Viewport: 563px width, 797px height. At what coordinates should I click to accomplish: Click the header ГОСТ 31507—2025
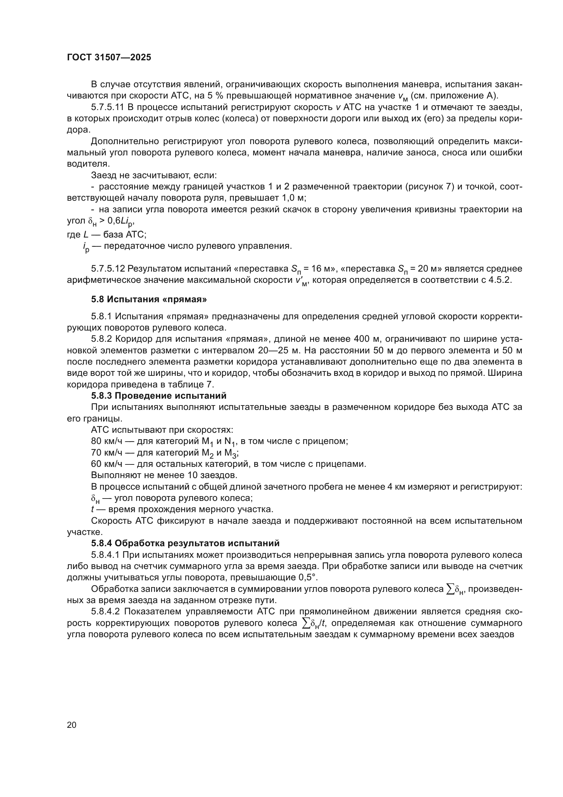pyautogui.click(x=109, y=58)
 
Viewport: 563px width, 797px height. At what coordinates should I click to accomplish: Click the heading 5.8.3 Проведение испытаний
pyautogui.click(x=158, y=396)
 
